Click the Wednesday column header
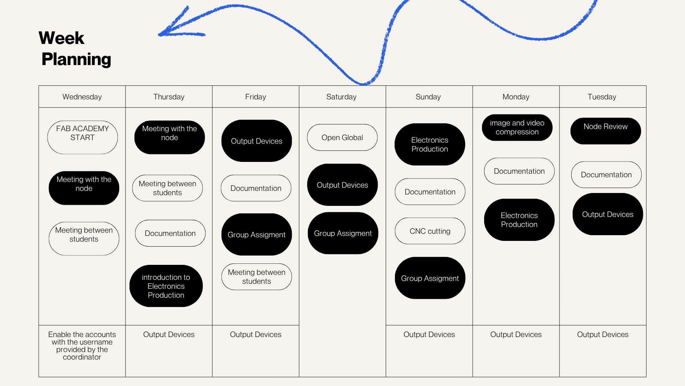pos(82,97)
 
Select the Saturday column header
pos(341,97)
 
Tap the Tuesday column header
pos(602,97)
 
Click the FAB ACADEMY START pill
pos(82,137)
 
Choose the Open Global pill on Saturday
pos(342,138)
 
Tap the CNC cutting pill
pos(430,231)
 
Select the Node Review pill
pos(605,131)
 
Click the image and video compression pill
pos(517,128)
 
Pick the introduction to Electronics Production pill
pos(166,286)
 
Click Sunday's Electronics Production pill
pos(430,144)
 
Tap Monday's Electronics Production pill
pos(519,220)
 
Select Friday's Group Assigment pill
pos(257,234)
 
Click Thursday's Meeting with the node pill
pos(169,137)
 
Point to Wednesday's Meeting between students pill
pos(84,238)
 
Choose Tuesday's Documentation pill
pos(606,175)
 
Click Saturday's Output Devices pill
pos(342,185)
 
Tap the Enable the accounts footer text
pos(82,346)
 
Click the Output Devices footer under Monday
pos(516,335)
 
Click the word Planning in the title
pos(76,59)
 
